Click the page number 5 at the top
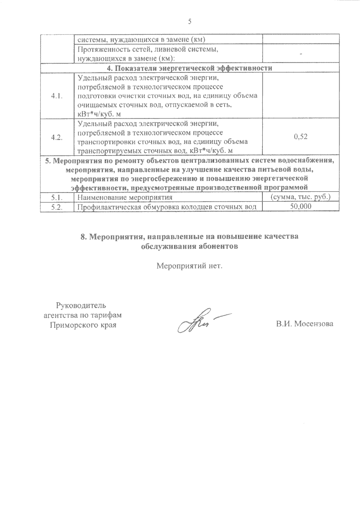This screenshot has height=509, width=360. [189, 21]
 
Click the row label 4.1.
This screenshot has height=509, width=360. [57, 96]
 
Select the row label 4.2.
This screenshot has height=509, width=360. [57, 137]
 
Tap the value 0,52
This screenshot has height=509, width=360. [301, 137]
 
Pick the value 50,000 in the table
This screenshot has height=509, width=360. [301, 206]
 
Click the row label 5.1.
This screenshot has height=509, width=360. [57, 197]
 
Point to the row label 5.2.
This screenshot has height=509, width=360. [57, 207]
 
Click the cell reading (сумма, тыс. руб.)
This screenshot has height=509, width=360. [301, 197]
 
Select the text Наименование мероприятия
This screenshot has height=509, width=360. [125, 197]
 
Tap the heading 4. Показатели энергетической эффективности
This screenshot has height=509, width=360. [190, 68]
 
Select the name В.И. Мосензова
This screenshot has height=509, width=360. [305, 324]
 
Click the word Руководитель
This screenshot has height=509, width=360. [81, 306]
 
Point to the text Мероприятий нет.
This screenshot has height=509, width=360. [190, 266]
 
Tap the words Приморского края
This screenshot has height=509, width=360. [83, 325]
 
